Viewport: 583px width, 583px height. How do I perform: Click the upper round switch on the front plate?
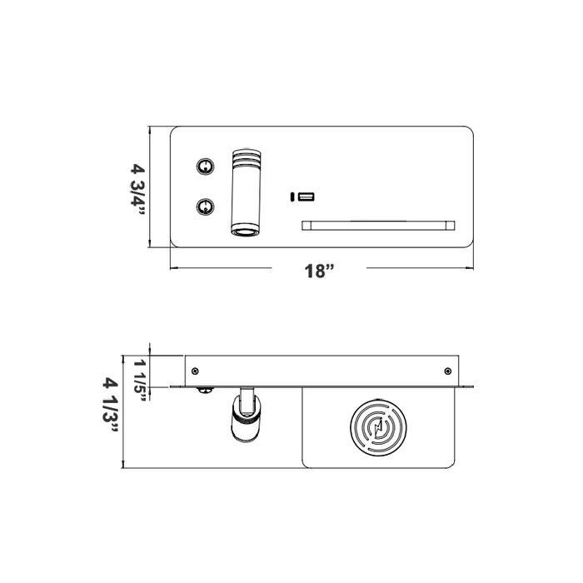[203, 166]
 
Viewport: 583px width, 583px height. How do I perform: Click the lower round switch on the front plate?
[203, 206]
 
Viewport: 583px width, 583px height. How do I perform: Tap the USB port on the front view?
[306, 197]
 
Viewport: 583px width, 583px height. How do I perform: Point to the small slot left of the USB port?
[292, 197]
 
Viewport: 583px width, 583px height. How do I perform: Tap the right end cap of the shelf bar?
[451, 225]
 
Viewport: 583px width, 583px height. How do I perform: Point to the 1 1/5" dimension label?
[139, 379]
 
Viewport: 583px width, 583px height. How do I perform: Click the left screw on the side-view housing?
[195, 371]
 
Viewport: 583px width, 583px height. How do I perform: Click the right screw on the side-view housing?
[448, 371]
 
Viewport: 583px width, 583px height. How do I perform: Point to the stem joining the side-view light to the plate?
[247, 395]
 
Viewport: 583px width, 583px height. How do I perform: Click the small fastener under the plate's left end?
[203, 390]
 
